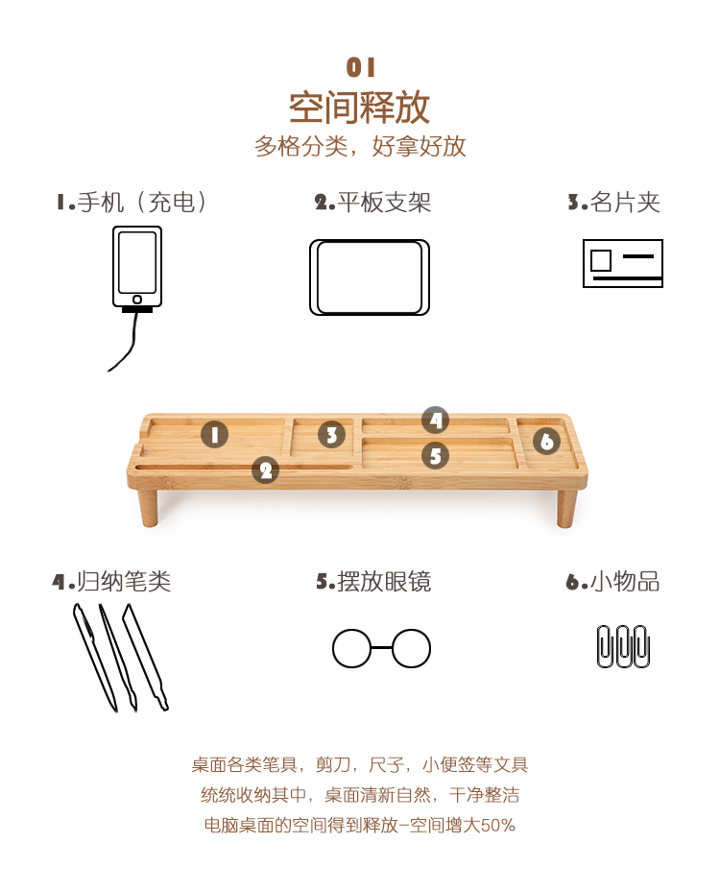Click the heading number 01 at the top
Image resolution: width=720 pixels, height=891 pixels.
(360, 67)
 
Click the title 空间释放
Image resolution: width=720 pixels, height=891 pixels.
(359, 107)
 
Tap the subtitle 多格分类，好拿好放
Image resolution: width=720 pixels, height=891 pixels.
(360, 146)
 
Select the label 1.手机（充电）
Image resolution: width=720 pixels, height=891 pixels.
(132, 203)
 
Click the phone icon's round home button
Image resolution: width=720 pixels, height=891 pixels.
(137, 300)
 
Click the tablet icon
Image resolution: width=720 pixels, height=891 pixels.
(370, 277)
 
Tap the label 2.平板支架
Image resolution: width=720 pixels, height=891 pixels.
(372, 203)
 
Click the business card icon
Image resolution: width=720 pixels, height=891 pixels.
(623, 263)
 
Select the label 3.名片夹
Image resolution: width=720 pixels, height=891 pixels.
(613, 203)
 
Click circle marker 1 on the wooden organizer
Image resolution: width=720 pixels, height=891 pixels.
(214, 435)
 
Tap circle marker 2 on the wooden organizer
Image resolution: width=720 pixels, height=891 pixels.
(265, 470)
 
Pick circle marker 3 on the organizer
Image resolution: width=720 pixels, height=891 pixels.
(332, 435)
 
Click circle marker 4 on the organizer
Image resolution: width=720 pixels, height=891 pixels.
(435, 421)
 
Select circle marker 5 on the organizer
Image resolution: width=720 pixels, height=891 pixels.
(435, 456)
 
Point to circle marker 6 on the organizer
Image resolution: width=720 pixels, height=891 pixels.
(546, 441)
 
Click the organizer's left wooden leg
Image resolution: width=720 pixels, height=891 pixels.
(148, 507)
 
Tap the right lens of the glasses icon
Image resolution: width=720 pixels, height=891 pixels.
(412, 648)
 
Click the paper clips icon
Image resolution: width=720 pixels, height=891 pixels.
(623, 646)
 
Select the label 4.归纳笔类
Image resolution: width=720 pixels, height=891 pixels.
(112, 581)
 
